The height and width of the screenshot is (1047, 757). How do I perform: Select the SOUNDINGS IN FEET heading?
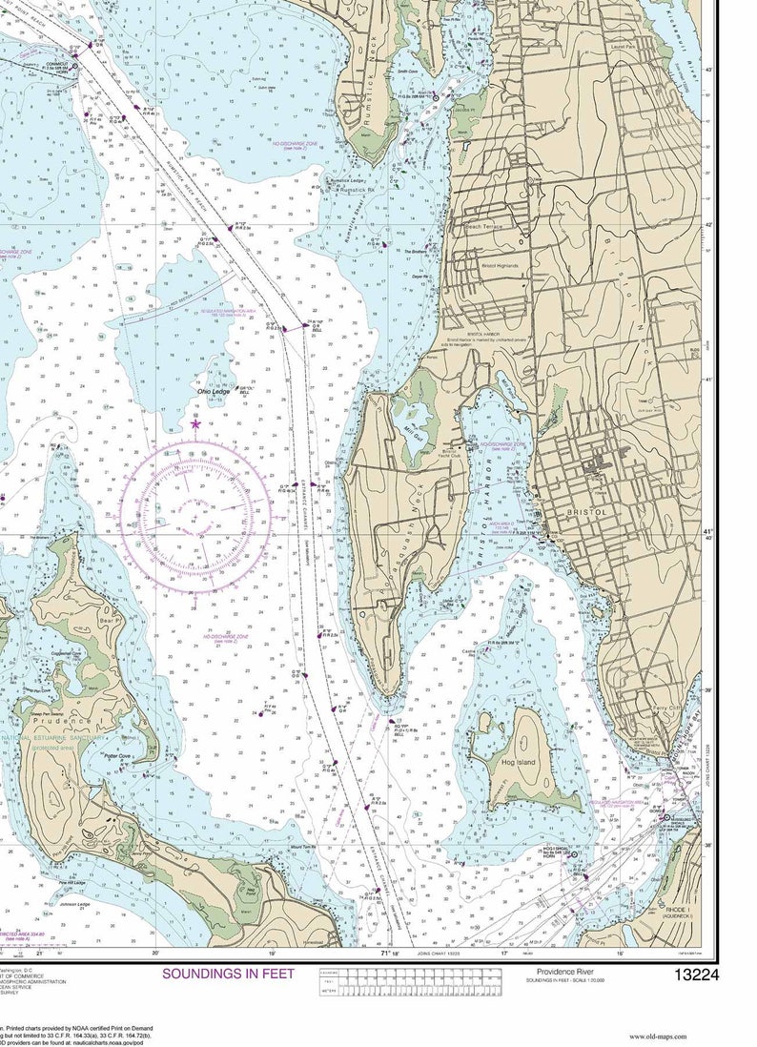coord(229,974)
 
